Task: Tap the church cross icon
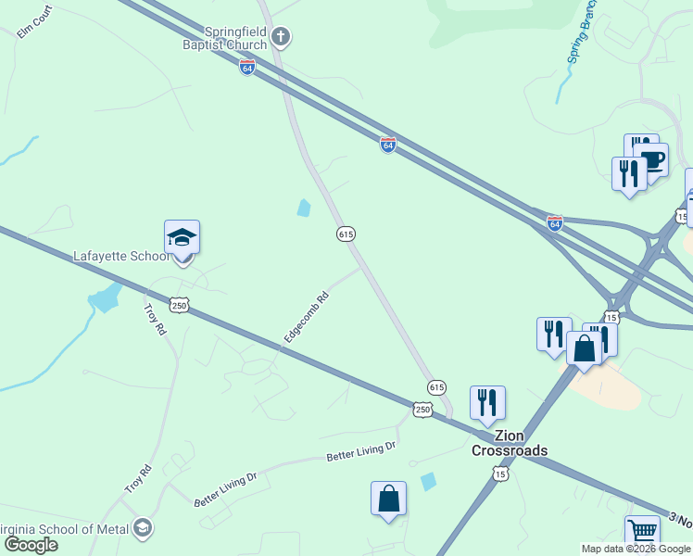click(282, 37)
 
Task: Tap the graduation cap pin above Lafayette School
click(182, 239)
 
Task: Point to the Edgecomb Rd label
click(307, 319)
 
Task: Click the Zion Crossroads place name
click(509, 443)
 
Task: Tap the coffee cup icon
click(651, 158)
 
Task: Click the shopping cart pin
click(642, 533)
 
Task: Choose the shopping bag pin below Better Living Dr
click(388, 499)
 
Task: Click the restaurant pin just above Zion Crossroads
click(487, 403)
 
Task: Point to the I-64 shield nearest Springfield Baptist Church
click(246, 68)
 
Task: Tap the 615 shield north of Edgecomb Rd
click(346, 234)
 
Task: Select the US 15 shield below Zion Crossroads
click(500, 474)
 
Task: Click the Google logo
click(31, 544)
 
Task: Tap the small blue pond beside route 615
click(304, 208)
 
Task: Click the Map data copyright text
click(636, 549)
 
